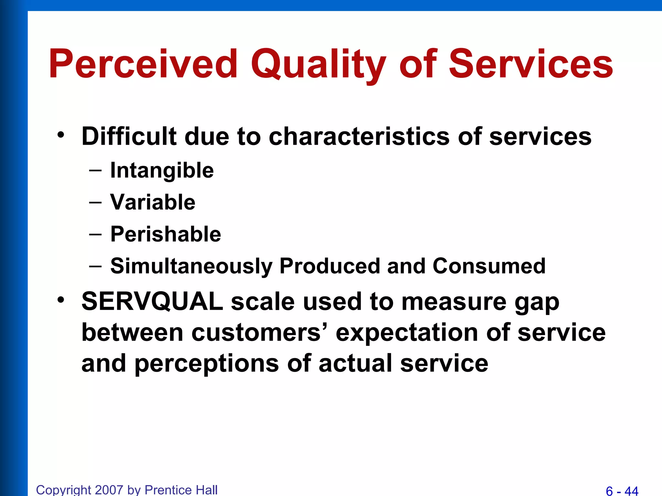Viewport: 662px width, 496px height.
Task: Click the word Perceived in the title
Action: [143, 64]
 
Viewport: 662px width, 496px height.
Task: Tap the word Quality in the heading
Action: [318, 65]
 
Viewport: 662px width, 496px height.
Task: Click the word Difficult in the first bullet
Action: [129, 136]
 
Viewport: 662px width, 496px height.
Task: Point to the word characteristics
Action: [359, 136]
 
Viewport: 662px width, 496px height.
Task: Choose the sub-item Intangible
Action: [162, 170]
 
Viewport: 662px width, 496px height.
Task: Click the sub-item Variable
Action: [153, 202]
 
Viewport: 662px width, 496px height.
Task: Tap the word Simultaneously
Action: [191, 266]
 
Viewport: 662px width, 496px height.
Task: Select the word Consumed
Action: [489, 266]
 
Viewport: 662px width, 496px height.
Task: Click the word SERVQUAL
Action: [152, 301]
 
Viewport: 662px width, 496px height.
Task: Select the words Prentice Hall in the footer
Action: [181, 490]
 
